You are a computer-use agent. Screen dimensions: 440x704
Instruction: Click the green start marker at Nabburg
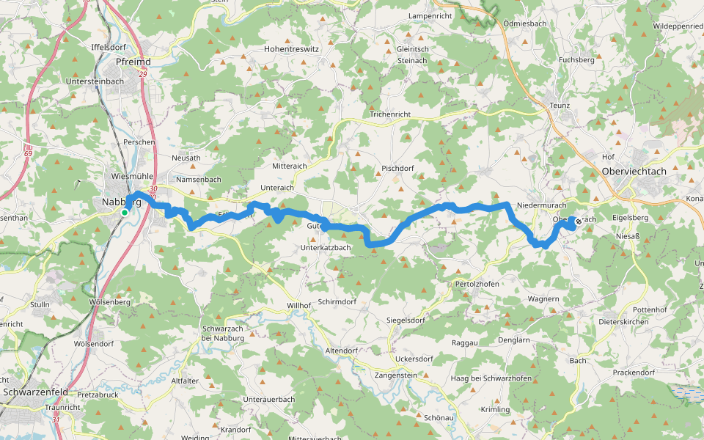[125, 213]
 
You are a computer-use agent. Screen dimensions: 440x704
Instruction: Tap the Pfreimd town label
[133, 62]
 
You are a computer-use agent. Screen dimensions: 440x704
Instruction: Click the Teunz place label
[560, 106]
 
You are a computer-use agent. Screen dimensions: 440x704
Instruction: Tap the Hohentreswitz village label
[292, 49]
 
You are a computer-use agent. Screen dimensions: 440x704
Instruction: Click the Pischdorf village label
[399, 168]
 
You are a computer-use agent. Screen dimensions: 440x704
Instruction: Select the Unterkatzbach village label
[326, 248]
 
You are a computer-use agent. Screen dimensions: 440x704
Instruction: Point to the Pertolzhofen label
[477, 283]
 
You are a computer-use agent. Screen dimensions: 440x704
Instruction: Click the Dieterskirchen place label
[625, 321]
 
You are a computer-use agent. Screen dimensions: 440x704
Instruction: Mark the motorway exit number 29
[142, 74]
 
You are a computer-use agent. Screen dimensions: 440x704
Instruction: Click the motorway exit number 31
[56, 419]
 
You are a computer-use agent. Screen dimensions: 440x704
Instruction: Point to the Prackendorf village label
[634, 373]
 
